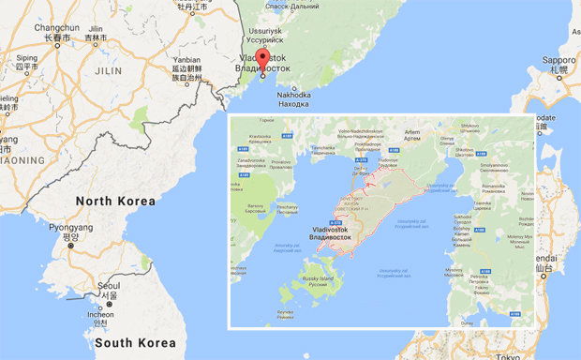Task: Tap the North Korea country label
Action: tap(113, 202)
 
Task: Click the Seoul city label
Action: tap(111, 292)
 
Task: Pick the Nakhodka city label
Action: tap(294, 99)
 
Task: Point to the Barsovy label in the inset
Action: tap(255, 209)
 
